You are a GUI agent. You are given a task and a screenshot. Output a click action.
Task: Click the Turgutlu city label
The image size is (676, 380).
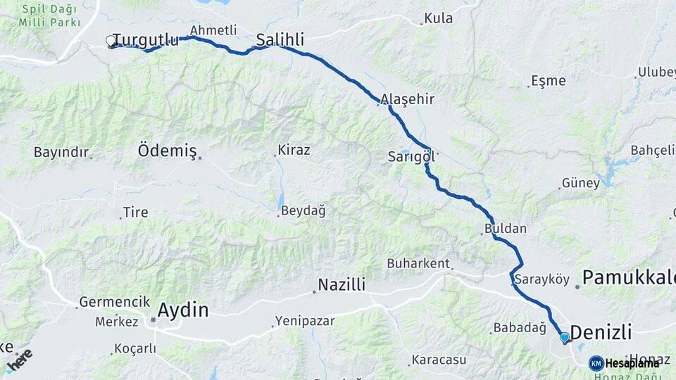146,40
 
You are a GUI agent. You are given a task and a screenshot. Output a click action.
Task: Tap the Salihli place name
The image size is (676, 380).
280,40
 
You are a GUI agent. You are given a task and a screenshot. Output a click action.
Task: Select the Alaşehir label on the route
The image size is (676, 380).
408,99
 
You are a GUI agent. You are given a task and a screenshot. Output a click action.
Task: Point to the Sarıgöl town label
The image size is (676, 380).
411,156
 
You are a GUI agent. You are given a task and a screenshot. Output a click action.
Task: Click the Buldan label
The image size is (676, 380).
505,229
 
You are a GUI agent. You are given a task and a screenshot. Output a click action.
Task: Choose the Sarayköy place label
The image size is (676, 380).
542,279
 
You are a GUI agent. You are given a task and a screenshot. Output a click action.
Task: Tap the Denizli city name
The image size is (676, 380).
601,332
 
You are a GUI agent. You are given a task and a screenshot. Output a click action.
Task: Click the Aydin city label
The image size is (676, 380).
183,310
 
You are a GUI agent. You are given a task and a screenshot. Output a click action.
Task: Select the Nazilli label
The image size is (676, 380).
342,285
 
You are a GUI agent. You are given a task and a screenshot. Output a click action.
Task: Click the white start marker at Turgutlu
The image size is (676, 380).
111,41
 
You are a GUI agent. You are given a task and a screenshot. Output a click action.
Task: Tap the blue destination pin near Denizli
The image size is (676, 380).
564,338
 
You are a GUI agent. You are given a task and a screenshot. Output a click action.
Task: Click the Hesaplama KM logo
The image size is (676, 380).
624,363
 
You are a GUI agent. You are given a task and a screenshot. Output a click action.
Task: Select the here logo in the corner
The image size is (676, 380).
19,358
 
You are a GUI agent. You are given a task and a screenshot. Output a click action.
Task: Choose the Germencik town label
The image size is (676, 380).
115,302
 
